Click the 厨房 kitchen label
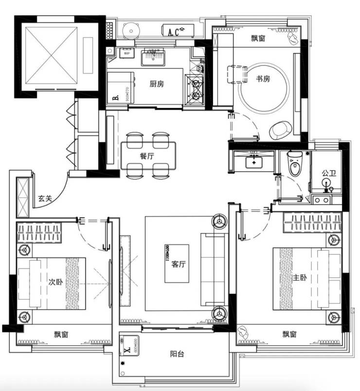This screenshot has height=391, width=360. [x=156, y=84]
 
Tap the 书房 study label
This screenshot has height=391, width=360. [x=263, y=79]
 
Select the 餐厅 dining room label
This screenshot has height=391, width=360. [x=146, y=156]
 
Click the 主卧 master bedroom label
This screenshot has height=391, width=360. [x=299, y=278]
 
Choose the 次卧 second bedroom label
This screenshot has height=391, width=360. [x=55, y=281]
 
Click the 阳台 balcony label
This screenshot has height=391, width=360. [x=177, y=354]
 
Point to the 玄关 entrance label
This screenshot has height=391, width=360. [x=45, y=198]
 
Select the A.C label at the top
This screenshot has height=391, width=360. [x=174, y=33]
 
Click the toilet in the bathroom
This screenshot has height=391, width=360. [x=295, y=166]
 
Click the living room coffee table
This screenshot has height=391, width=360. [x=177, y=264]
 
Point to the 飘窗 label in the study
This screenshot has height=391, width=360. [x=258, y=39]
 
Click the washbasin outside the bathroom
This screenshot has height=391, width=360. [x=253, y=161]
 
